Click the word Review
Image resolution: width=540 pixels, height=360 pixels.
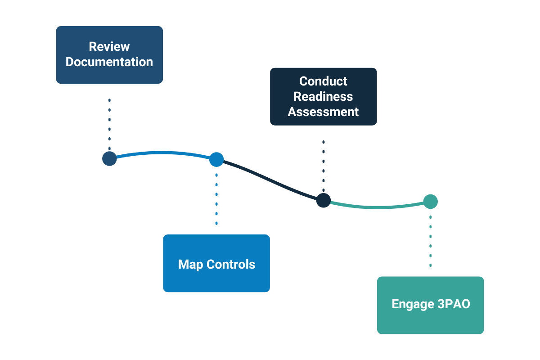tap(109, 47)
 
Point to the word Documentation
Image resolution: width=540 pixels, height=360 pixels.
tap(109, 62)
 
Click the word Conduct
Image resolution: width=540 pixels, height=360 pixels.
tap(323, 81)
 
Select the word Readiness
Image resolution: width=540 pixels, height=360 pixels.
tap(323, 97)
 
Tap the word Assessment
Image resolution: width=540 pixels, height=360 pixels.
tap(323, 112)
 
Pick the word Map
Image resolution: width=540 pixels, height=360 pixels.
tap(190, 264)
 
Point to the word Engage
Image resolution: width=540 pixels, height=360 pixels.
tap(412, 304)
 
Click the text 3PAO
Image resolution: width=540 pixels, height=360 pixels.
tap(453, 304)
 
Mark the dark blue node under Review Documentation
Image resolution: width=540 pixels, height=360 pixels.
tap(109, 158)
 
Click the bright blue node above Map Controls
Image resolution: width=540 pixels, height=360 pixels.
tap(216, 159)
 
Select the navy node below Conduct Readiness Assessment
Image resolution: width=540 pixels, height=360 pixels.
tap(323, 200)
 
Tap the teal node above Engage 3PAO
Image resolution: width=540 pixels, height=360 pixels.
tap(431, 202)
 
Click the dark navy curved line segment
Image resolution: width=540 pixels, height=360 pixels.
tap(270, 180)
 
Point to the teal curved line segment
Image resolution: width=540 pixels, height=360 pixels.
tap(378, 207)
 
